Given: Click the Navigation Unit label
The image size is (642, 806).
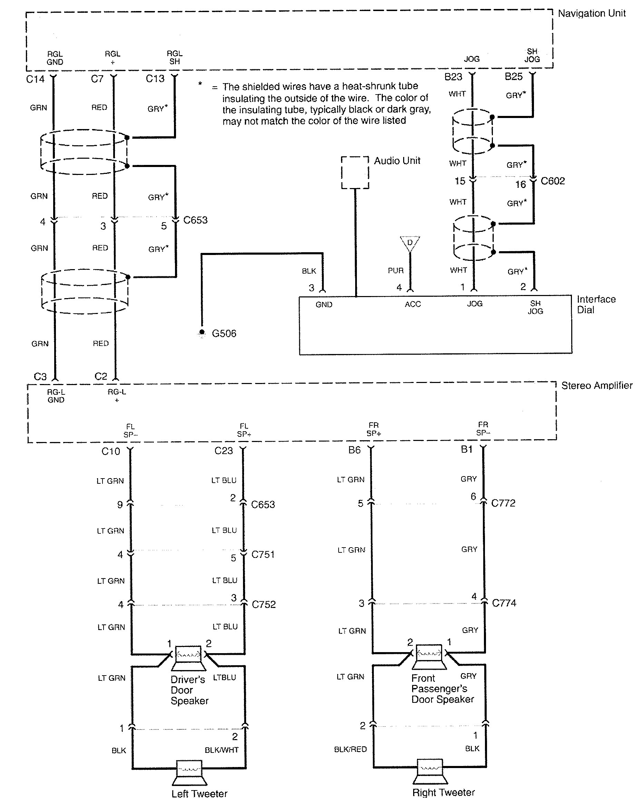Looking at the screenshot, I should click(x=591, y=13).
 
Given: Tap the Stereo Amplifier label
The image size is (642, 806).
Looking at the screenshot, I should click(x=596, y=385).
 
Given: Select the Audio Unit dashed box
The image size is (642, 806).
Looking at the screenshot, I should click(x=355, y=172).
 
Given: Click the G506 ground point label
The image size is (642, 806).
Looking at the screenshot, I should click(x=224, y=333).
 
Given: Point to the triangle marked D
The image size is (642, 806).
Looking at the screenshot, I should click(x=410, y=243).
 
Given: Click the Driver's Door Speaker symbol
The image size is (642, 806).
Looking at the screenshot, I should click(x=188, y=658).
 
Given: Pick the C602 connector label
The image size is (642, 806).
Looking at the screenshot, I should click(x=552, y=181).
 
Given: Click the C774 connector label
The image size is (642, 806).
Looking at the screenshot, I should click(x=504, y=603).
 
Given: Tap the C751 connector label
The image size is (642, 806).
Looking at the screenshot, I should click(x=263, y=554).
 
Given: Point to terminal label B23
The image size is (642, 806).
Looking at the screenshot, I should click(x=453, y=77).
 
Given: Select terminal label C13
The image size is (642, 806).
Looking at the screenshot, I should click(x=155, y=79).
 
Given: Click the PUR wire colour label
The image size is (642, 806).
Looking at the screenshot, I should click(x=395, y=270).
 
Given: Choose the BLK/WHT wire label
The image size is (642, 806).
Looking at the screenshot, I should click(x=221, y=750).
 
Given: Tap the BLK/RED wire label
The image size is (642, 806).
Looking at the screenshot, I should click(x=350, y=749).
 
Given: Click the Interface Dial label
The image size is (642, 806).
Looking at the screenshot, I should click(x=596, y=304).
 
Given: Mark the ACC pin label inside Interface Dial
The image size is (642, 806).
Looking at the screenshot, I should click(x=412, y=304).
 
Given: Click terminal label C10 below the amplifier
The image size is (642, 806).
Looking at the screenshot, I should click(x=111, y=452).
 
